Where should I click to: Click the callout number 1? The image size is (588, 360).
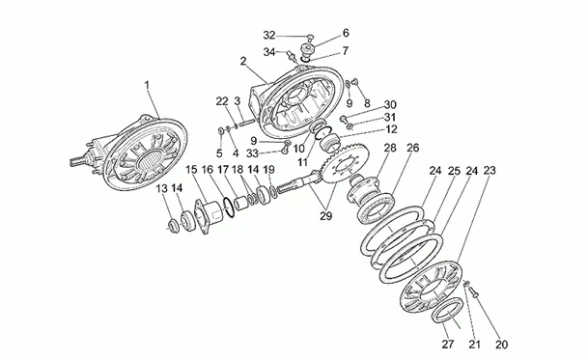pyautogui.click(x=148, y=86)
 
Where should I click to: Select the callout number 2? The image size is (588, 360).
pyautogui.click(x=243, y=61)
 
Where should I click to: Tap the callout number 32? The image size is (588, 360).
pyautogui.click(x=269, y=35)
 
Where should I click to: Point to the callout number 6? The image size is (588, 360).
pyautogui.click(x=319, y=33)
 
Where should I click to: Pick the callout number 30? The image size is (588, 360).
pyautogui.click(x=389, y=105)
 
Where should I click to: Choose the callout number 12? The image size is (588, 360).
pyautogui.click(x=389, y=128)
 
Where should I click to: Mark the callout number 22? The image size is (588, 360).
pyautogui.click(x=220, y=100)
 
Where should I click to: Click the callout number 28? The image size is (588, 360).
pyautogui.click(x=389, y=148)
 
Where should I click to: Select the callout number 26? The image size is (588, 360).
pyautogui.click(x=412, y=148)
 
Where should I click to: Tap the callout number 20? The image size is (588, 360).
pyautogui.click(x=500, y=343)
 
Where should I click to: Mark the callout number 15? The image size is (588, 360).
pyautogui.click(x=191, y=171)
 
